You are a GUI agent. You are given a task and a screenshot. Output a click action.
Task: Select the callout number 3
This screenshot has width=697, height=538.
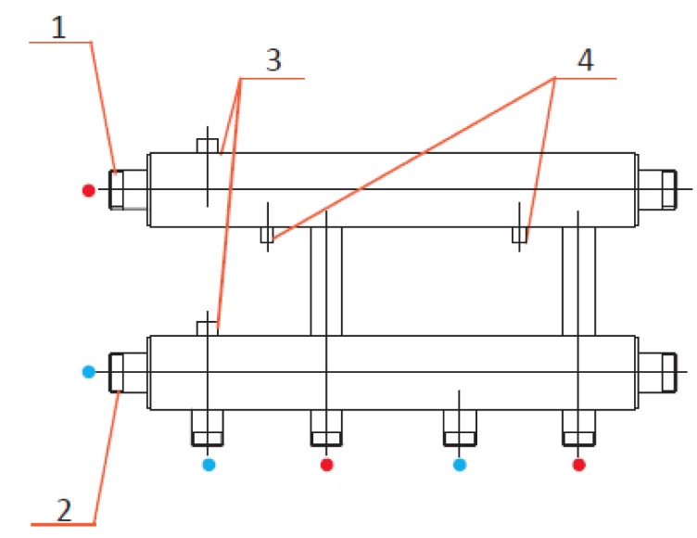(x=272, y=62)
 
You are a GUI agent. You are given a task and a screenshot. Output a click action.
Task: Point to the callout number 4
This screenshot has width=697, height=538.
(x=583, y=61)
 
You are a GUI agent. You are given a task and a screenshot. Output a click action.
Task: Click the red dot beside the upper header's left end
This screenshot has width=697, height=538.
(x=88, y=190)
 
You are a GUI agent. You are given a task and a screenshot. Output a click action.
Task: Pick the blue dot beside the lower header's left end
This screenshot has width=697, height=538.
(x=88, y=372)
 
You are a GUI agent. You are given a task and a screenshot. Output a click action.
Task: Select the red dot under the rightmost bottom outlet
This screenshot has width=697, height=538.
(x=579, y=463)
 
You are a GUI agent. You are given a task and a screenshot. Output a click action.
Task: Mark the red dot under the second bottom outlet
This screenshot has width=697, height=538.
(x=326, y=463)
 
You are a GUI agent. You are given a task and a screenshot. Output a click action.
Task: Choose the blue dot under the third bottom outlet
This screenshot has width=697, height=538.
(x=459, y=463)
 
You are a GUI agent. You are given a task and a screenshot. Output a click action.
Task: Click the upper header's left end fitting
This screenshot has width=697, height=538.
(x=129, y=189)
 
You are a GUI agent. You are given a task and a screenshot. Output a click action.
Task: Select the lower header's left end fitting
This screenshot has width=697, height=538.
(x=129, y=372)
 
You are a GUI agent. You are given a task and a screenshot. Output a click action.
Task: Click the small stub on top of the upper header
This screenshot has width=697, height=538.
(x=208, y=146)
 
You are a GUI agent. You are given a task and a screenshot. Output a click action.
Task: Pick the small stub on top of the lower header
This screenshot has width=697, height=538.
(x=208, y=328)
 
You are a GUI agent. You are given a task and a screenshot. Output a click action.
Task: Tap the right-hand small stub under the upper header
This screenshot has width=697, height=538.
(x=520, y=235)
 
